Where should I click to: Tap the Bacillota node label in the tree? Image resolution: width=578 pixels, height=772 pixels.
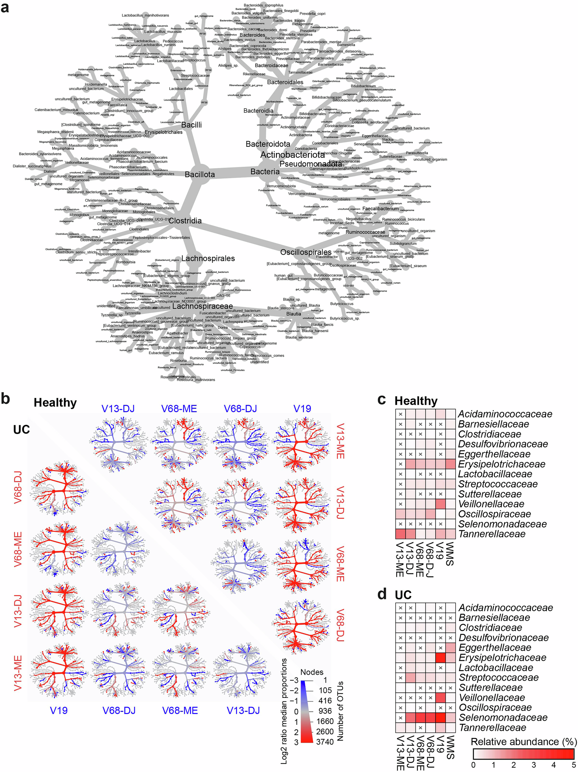[x=200, y=174]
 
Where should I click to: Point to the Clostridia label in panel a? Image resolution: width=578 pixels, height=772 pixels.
[x=185, y=220]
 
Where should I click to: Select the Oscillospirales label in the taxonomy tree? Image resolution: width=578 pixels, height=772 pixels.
[x=306, y=252]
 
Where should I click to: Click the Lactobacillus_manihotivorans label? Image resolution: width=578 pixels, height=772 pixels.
[x=145, y=15]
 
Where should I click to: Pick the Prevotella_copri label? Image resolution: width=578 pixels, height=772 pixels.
[x=312, y=14]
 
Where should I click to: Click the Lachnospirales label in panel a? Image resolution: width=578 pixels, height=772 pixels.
[x=208, y=258]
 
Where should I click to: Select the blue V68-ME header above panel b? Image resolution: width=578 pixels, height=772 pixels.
[x=179, y=409]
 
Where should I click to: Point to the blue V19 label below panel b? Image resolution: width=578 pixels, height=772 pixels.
[x=59, y=711]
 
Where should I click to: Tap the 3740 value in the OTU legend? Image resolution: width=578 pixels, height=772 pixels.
[x=325, y=742]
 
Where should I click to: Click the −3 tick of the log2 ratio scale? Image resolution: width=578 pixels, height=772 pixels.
[x=294, y=680]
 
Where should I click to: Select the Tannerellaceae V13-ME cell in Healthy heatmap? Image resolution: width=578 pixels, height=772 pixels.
[x=400, y=534]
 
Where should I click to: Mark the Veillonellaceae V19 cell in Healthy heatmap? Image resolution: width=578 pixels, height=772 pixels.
[x=441, y=504]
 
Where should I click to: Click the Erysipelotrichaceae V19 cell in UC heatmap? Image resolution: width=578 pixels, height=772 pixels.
[x=441, y=658]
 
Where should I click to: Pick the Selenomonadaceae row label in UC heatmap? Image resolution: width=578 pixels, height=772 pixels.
[x=503, y=718]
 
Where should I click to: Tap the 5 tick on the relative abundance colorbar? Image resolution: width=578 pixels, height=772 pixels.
[x=574, y=765]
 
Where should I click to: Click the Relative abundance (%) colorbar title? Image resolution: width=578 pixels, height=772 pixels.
[x=524, y=742]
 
